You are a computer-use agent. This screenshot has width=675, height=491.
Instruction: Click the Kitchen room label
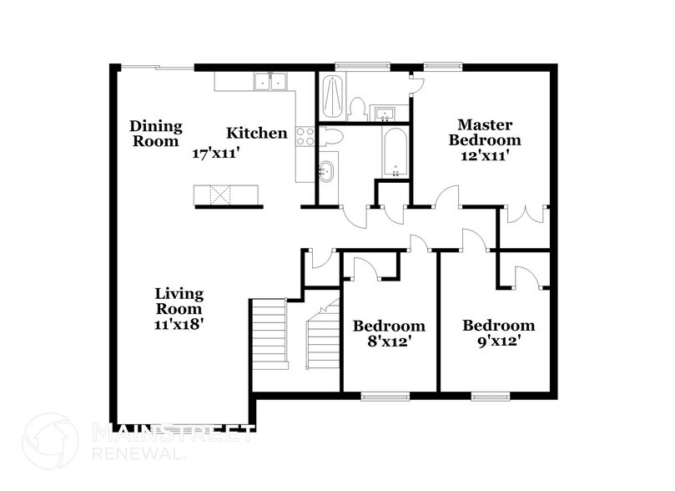coord(257,133)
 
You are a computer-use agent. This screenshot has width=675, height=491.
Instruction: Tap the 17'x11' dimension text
coord(215,154)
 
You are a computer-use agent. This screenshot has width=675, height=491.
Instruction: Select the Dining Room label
coord(156,134)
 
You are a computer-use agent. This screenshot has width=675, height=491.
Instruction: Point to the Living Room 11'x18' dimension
coord(179,324)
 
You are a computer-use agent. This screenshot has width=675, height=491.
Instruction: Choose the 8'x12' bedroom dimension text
coord(390,342)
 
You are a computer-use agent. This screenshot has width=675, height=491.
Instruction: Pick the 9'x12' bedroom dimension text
coord(499,342)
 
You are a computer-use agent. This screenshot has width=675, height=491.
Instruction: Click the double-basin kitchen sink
coord(270,81)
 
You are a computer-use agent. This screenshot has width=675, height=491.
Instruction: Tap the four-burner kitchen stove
coord(305,136)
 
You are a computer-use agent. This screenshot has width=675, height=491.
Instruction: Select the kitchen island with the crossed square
coord(226,195)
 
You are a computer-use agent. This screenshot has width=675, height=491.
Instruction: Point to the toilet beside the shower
coord(356,109)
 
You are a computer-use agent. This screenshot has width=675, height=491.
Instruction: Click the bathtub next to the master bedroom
coord(395,153)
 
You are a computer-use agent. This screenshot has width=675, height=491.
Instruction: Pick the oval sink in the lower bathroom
coord(326,171)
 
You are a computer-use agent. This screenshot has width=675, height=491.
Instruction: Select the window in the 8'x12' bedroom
coord(385,397)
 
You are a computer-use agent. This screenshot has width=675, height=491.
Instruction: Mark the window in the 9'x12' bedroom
coord(491,397)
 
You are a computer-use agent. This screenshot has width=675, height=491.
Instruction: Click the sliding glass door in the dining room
coord(157,67)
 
